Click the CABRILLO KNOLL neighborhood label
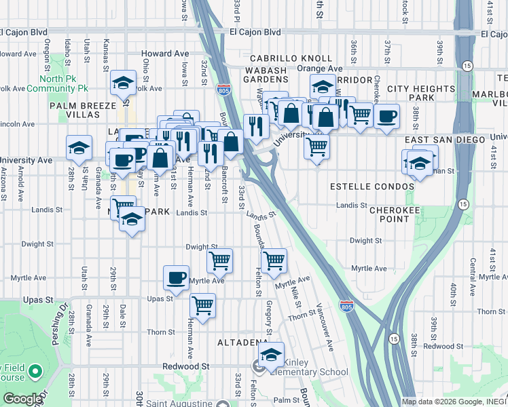[290, 59]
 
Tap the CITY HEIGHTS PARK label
[420, 94]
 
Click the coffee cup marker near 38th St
[386, 116]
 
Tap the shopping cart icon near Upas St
[202, 306]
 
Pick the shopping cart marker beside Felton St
[274, 260]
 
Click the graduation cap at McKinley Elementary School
[271, 355]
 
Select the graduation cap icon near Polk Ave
[124, 83]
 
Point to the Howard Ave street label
[164, 54]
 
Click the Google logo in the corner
[22, 399]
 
